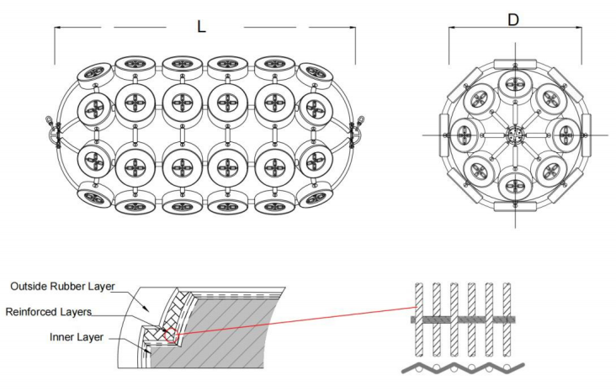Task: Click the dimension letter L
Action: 201,26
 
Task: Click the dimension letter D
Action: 513,19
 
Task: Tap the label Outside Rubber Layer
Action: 62,286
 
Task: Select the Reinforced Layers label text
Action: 48,312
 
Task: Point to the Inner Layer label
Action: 77,337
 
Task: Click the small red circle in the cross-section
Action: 172,336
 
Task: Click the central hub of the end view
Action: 514,135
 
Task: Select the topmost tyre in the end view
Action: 514,84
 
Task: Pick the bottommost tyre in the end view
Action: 514,185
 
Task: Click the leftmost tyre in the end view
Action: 465,135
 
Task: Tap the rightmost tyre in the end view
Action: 564,135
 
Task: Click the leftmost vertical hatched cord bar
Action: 419,320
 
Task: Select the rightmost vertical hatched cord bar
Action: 507,320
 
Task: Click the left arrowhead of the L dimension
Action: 57,28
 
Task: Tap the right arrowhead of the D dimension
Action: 579,28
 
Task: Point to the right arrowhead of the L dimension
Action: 353,28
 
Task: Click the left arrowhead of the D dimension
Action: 452,28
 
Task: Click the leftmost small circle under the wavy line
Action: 418,367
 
